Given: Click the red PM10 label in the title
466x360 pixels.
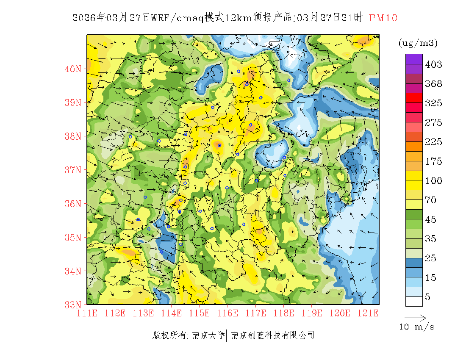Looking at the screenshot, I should tap(383, 18).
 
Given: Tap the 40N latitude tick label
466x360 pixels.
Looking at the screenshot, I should tap(73, 69).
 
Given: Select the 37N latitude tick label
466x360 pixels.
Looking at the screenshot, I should tap(73, 170).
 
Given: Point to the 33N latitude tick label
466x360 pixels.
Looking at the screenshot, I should tap(73, 305).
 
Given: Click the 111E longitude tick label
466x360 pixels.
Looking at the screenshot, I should tap(87, 313).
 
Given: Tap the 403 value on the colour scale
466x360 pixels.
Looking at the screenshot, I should tap(433, 64).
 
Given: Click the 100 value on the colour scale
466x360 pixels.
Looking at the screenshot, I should tap(433, 181).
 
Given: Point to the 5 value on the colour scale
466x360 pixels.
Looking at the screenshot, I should tap(428, 297).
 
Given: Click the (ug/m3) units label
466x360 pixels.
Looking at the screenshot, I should tap(418, 43).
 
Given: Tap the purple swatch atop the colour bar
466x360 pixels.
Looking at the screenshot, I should tap(414, 59).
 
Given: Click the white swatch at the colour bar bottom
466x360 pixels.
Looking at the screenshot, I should tap(414, 301).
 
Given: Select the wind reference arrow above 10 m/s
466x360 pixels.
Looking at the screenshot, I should tap(415, 317).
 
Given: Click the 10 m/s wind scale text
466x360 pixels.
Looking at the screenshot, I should tap(417, 327).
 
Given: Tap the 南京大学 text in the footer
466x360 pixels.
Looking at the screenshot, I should tap(208, 335).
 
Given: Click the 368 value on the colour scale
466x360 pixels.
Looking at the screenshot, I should tap(433, 84).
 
